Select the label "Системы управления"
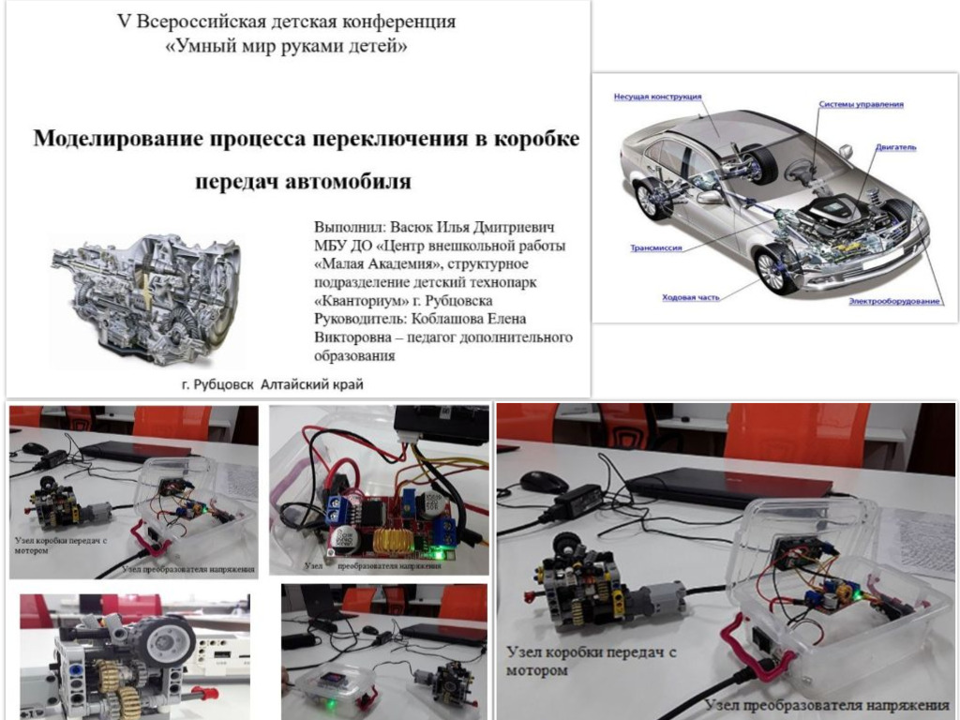click(x=861, y=104)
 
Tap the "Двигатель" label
click(x=896, y=147)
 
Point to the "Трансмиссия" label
click(x=655, y=249)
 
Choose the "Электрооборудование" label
click(x=894, y=301)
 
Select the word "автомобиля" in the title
click(x=355, y=179)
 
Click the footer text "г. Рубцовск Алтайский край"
click(x=272, y=384)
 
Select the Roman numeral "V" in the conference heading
click(x=122, y=21)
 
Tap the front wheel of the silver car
click(x=776, y=267)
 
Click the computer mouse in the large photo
click(x=544, y=482)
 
